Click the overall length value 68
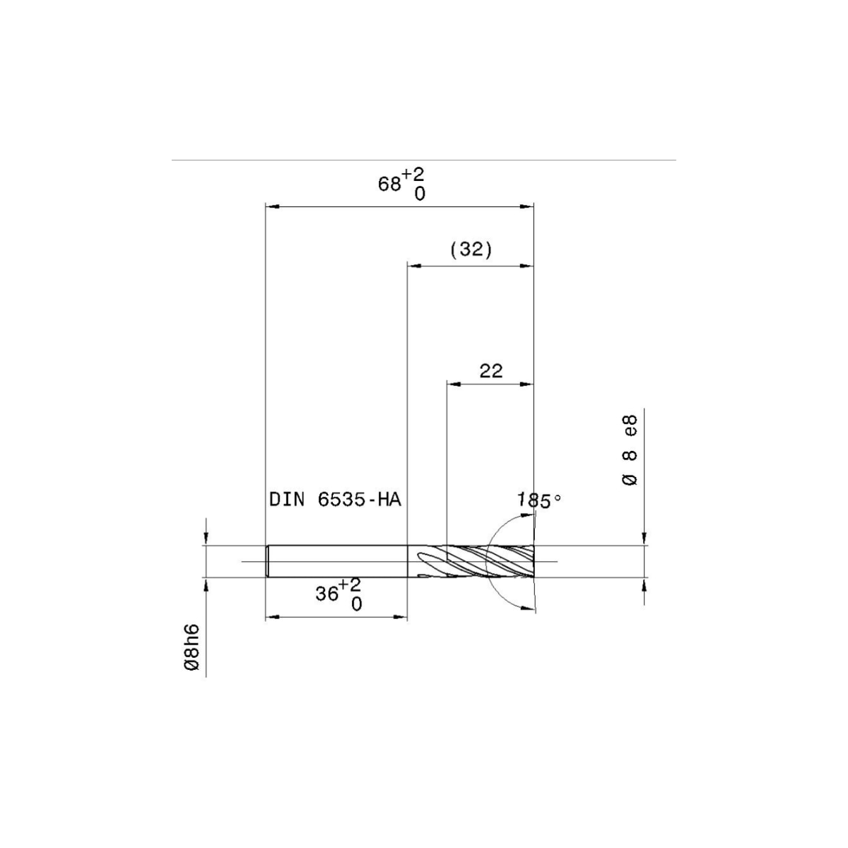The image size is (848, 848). coord(389,184)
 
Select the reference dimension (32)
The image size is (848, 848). coord(471,249)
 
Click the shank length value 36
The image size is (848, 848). coord(327,594)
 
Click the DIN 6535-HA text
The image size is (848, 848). coord(335,500)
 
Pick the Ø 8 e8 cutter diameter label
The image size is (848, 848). coord(630,449)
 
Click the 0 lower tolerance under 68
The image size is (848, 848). coord(420,194)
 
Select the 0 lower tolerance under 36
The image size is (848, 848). coord(356,604)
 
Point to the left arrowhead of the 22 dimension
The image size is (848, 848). coord(452,384)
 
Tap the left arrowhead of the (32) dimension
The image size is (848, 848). coord(413,266)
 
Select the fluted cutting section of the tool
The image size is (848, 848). coord(488,562)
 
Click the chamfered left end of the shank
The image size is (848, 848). coord(268,562)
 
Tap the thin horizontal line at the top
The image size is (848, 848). coord(424,160)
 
